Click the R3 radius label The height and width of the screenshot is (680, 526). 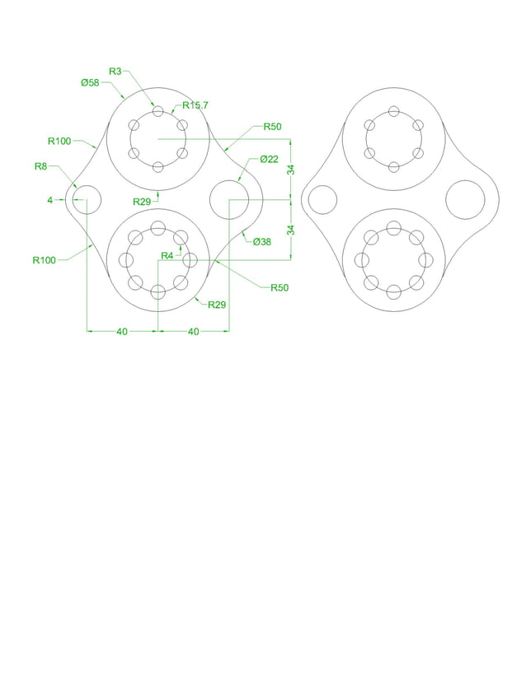[x=115, y=71]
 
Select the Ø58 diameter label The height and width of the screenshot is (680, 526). [x=90, y=82]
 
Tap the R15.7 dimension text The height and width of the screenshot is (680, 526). [x=196, y=105]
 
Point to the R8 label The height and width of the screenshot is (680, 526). [x=40, y=166]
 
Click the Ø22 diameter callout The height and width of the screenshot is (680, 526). [x=269, y=159]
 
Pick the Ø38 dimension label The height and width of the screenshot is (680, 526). [x=261, y=241]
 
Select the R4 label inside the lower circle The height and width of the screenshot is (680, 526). [x=167, y=255]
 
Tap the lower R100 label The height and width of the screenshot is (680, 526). [x=45, y=260]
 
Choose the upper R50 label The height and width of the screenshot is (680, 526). [x=272, y=127]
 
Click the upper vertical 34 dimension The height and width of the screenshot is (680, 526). [x=290, y=170]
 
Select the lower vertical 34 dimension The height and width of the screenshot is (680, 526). [x=290, y=230]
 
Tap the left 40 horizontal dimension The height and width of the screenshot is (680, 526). [x=121, y=332]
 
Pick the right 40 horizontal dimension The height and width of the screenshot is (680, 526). [x=193, y=332]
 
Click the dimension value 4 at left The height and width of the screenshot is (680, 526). [x=49, y=200]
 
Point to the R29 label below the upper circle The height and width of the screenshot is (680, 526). [x=142, y=201]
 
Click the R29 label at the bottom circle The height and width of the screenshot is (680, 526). [x=217, y=305]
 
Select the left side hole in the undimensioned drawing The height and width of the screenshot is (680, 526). [x=322, y=199]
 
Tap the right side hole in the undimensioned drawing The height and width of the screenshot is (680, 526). [x=465, y=199]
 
